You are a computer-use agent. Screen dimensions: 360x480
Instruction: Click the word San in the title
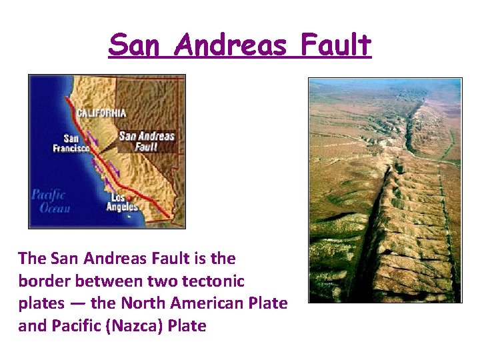pos(132,45)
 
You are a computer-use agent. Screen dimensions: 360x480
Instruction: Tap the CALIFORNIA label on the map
pos(101,113)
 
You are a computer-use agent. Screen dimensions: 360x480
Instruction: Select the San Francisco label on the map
pos(71,143)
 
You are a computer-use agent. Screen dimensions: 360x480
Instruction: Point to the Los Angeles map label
pos(123,203)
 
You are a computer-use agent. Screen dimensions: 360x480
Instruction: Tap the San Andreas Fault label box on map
pos(146,141)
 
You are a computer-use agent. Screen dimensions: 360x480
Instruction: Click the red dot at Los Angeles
pos(130,197)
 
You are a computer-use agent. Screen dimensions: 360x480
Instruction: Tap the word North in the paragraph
pos(143,303)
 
